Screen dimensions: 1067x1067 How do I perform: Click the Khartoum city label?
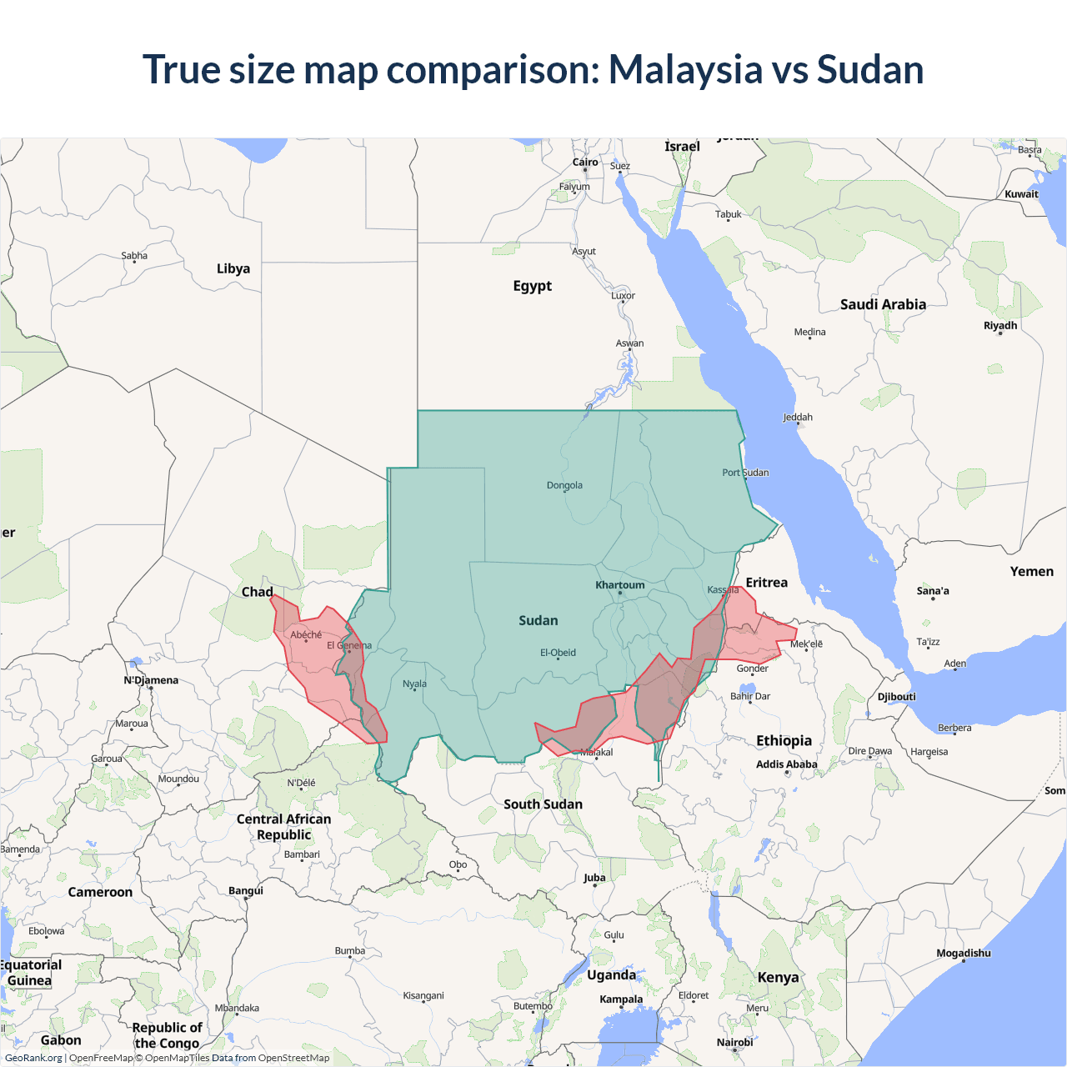coord(619,585)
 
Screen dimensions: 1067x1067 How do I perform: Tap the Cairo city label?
coord(585,163)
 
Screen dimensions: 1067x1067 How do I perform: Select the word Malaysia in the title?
coord(684,69)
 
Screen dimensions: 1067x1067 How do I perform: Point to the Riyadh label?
coord(1000,325)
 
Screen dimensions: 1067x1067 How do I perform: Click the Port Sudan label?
coord(745,473)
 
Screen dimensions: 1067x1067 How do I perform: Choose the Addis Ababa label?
coord(786,764)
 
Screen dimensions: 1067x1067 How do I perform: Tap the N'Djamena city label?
coord(151,680)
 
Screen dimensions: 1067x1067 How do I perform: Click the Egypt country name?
coord(532,286)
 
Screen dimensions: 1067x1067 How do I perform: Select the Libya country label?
coord(233,268)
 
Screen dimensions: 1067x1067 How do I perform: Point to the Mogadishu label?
coord(963,953)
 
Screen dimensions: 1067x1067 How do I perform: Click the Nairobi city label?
coord(734,1042)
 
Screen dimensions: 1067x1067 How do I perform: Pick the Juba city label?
coord(594,878)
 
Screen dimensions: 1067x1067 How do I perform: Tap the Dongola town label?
coord(564,485)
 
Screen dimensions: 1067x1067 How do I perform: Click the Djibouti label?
coord(896,697)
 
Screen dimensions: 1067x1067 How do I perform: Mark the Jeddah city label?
coord(798,417)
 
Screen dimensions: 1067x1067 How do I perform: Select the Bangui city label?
coord(246,890)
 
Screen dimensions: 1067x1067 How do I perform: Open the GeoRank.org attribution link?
coord(33,1058)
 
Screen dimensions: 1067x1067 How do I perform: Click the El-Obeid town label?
coord(558,653)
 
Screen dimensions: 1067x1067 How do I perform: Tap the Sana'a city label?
coord(933,591)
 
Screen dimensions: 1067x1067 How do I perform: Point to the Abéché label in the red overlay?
coord(306,635)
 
